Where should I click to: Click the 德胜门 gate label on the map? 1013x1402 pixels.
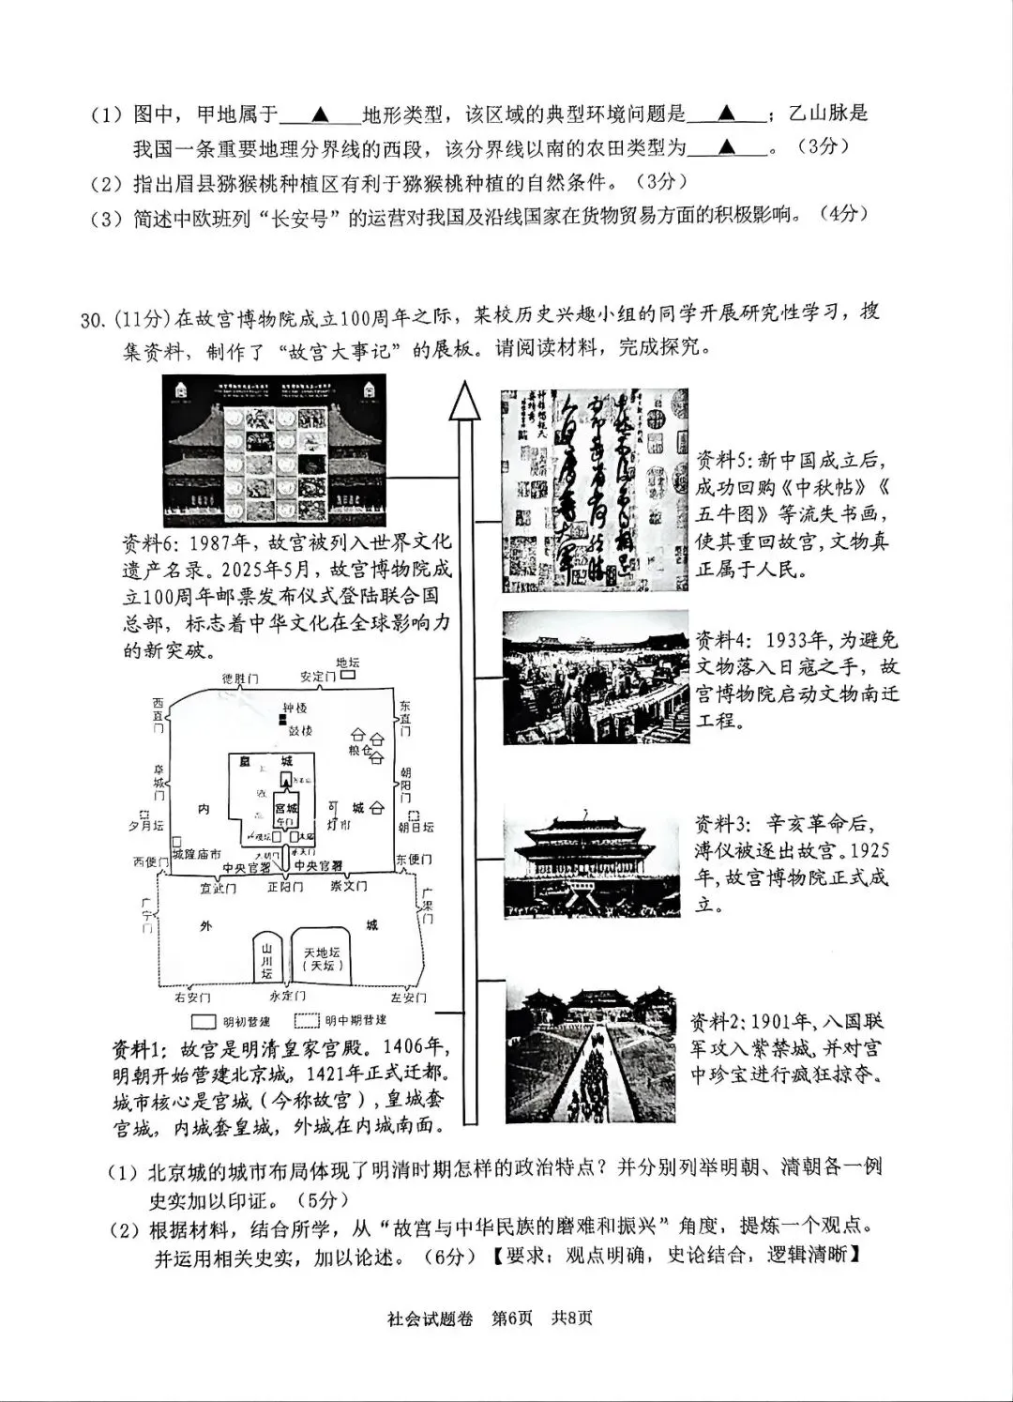coord(240,678)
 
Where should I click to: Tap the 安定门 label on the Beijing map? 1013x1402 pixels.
coord(317,676)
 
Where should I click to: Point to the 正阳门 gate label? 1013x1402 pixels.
coord(285,886)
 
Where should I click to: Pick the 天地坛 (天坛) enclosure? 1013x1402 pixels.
coord(321,957)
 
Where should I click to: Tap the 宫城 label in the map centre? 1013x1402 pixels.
coord(285,807)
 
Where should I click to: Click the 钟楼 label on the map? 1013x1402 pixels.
coord(295,709)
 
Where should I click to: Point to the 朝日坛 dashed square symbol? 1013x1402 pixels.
coord(404,815)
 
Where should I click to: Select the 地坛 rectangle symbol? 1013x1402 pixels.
coord(348,675)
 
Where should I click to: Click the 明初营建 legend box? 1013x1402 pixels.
coord(204,1021)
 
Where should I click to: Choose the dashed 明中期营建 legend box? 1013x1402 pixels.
coord(308,1021)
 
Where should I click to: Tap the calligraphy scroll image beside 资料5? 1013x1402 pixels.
coord(594,489)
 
